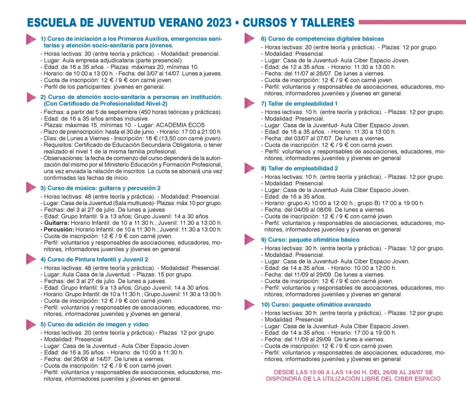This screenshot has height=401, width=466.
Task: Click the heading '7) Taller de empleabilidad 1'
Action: tap(300, 104)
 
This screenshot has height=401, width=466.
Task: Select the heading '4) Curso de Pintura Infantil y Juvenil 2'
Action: tap(95, 260)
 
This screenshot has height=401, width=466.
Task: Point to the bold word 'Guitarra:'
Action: tap(56, 222)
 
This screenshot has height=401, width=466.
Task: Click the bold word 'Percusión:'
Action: tap(58, 229)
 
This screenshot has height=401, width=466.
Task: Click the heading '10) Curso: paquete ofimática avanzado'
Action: tap(316, 305)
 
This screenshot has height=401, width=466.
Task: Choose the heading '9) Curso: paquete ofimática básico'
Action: tap(310, 239)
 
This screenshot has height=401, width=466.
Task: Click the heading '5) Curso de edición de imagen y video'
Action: tap(95, 324)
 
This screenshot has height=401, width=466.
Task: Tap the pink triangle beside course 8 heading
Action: tap(250, 168)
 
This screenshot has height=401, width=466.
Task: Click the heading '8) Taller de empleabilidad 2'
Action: tap(300, 168)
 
